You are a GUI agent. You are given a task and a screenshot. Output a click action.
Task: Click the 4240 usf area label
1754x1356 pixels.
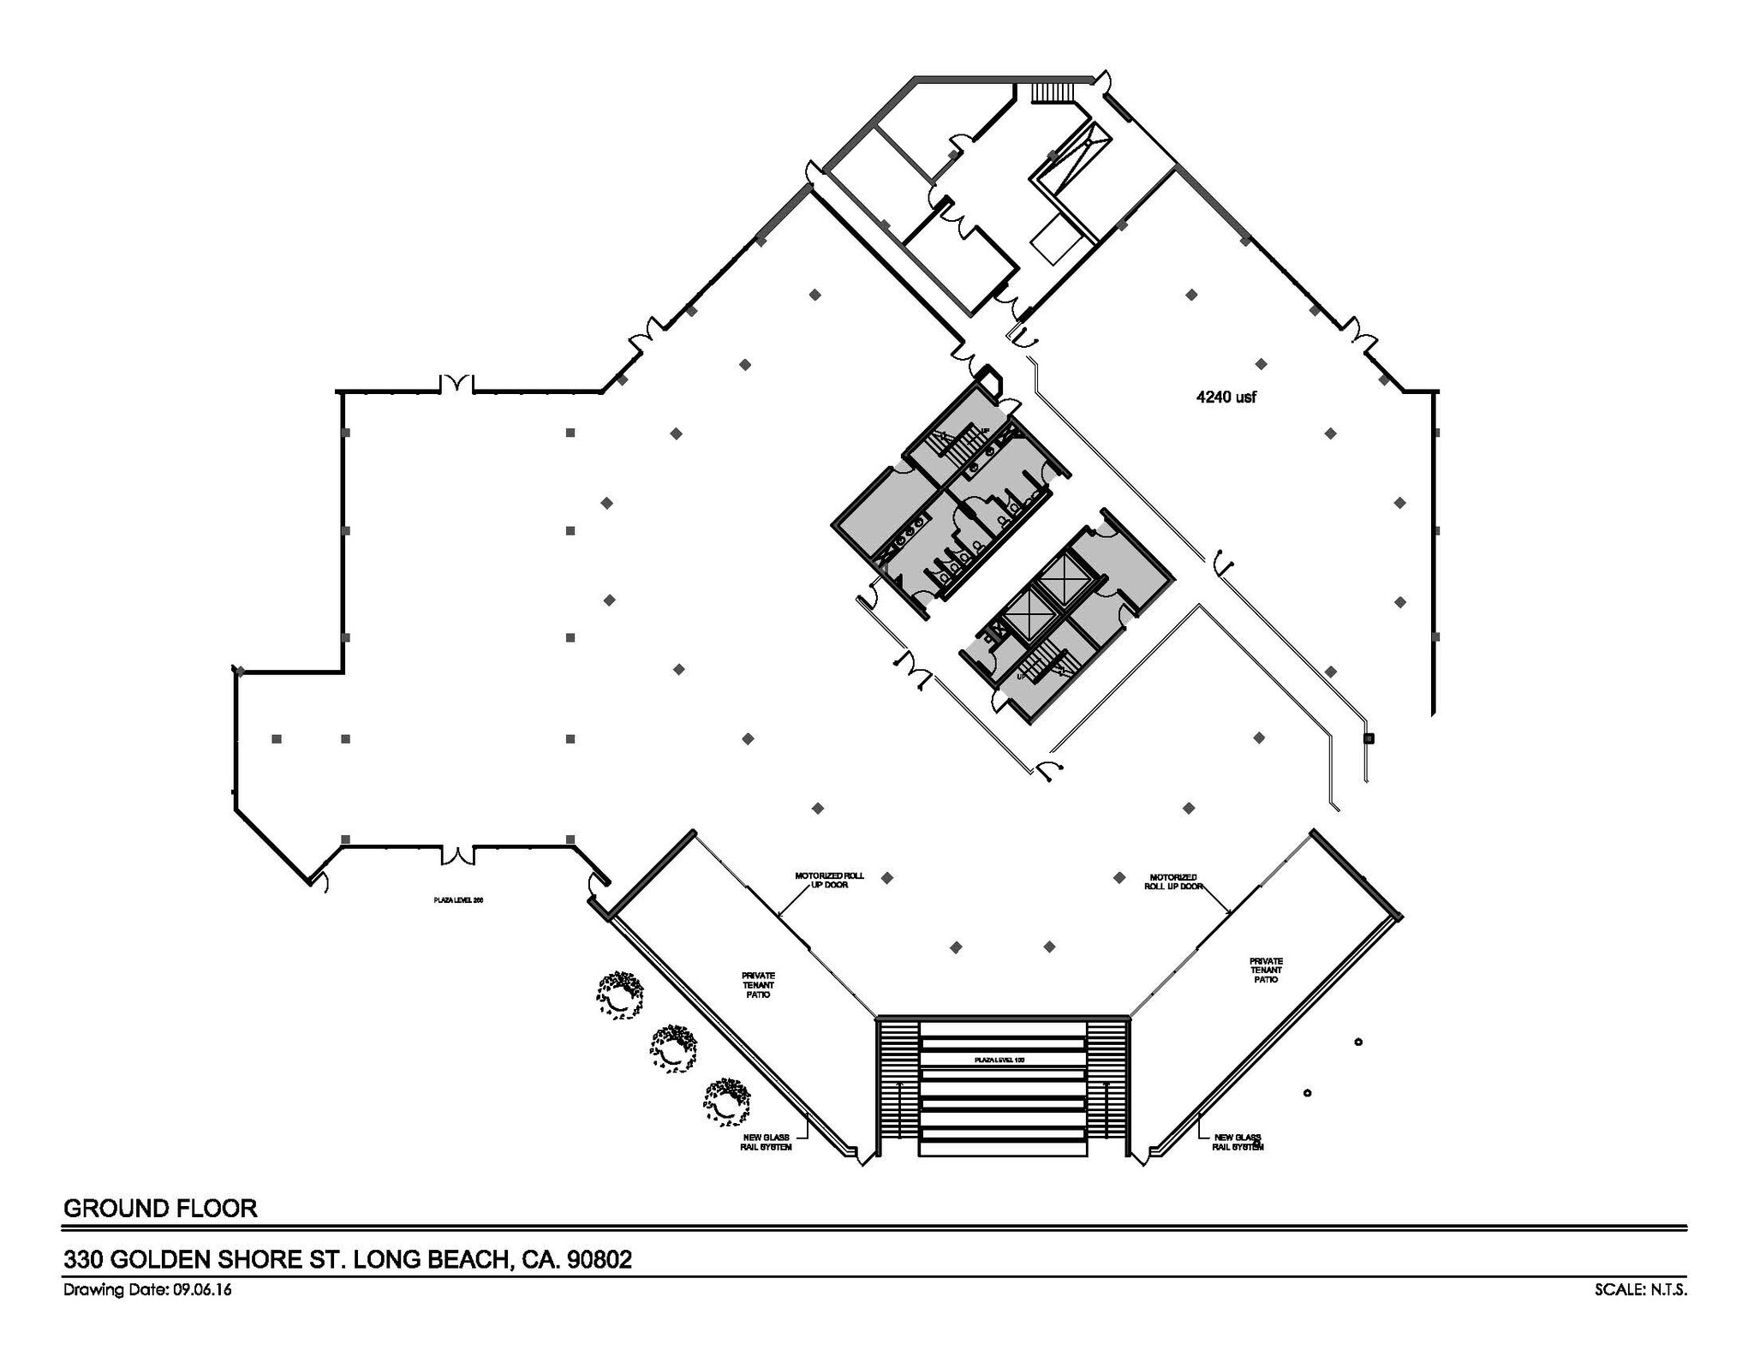point(1226,397)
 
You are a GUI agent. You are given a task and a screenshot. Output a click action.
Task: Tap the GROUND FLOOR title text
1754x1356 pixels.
point(160,1209)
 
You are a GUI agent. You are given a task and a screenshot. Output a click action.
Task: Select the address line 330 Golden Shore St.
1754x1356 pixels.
point(348,1259)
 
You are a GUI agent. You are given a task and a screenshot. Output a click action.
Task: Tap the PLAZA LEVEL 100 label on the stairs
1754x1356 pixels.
point(999,1060)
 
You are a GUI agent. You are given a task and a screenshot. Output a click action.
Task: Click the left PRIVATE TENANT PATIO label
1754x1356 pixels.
point(758,985)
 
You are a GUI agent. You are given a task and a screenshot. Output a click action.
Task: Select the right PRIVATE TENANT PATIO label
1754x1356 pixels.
point(1266,970)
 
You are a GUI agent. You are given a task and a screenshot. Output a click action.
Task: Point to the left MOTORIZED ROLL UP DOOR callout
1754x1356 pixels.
point(829,880)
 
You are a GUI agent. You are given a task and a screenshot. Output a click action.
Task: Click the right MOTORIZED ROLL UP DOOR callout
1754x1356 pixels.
point(1173,881)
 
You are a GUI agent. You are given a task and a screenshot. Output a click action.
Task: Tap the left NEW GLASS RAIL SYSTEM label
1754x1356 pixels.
point(766,1142)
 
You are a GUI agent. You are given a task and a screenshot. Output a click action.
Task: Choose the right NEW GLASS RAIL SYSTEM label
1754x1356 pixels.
point(1237,1142)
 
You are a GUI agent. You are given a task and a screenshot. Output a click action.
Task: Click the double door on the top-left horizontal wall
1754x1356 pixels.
point(456,384)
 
